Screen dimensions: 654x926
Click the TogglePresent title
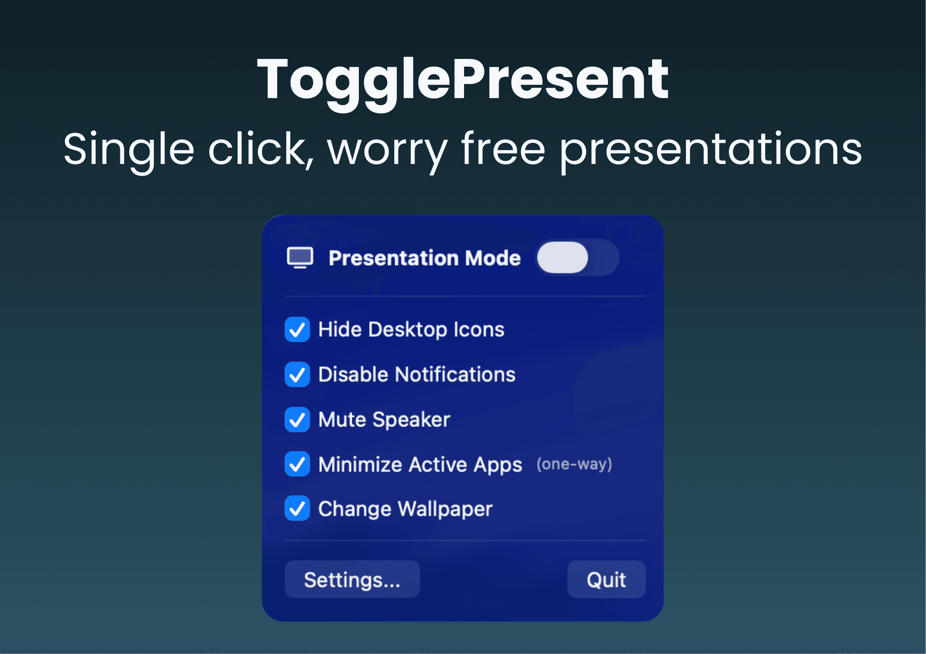coord(462,80)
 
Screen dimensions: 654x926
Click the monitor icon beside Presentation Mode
coord(300,258)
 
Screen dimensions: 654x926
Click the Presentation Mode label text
coord(424,258)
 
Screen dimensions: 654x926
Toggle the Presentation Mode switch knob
coord(562,258)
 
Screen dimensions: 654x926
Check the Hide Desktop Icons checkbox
coord(297,329)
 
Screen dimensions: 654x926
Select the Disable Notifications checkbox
coord(297,374)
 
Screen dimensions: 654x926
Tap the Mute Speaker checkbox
coord(297,419)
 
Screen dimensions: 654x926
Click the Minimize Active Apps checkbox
coord(297,464)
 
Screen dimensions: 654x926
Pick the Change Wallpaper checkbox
coord(297,508)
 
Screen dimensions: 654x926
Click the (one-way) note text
coord(574,464)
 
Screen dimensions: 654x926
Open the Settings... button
coord(352,579)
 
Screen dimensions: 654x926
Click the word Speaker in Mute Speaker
coord(411,420)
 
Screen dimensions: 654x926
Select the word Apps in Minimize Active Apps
coord(498,465)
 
